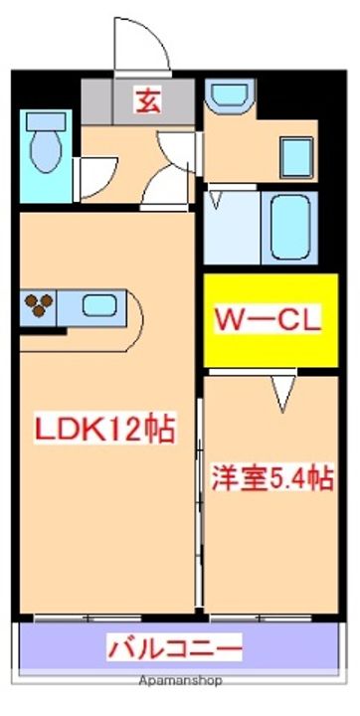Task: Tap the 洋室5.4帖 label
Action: (270, 478)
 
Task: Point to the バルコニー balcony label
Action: (175, 649)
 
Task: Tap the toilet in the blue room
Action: (45, 149)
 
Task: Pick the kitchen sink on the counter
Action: (97, 306)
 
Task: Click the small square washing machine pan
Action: (296, 156)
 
